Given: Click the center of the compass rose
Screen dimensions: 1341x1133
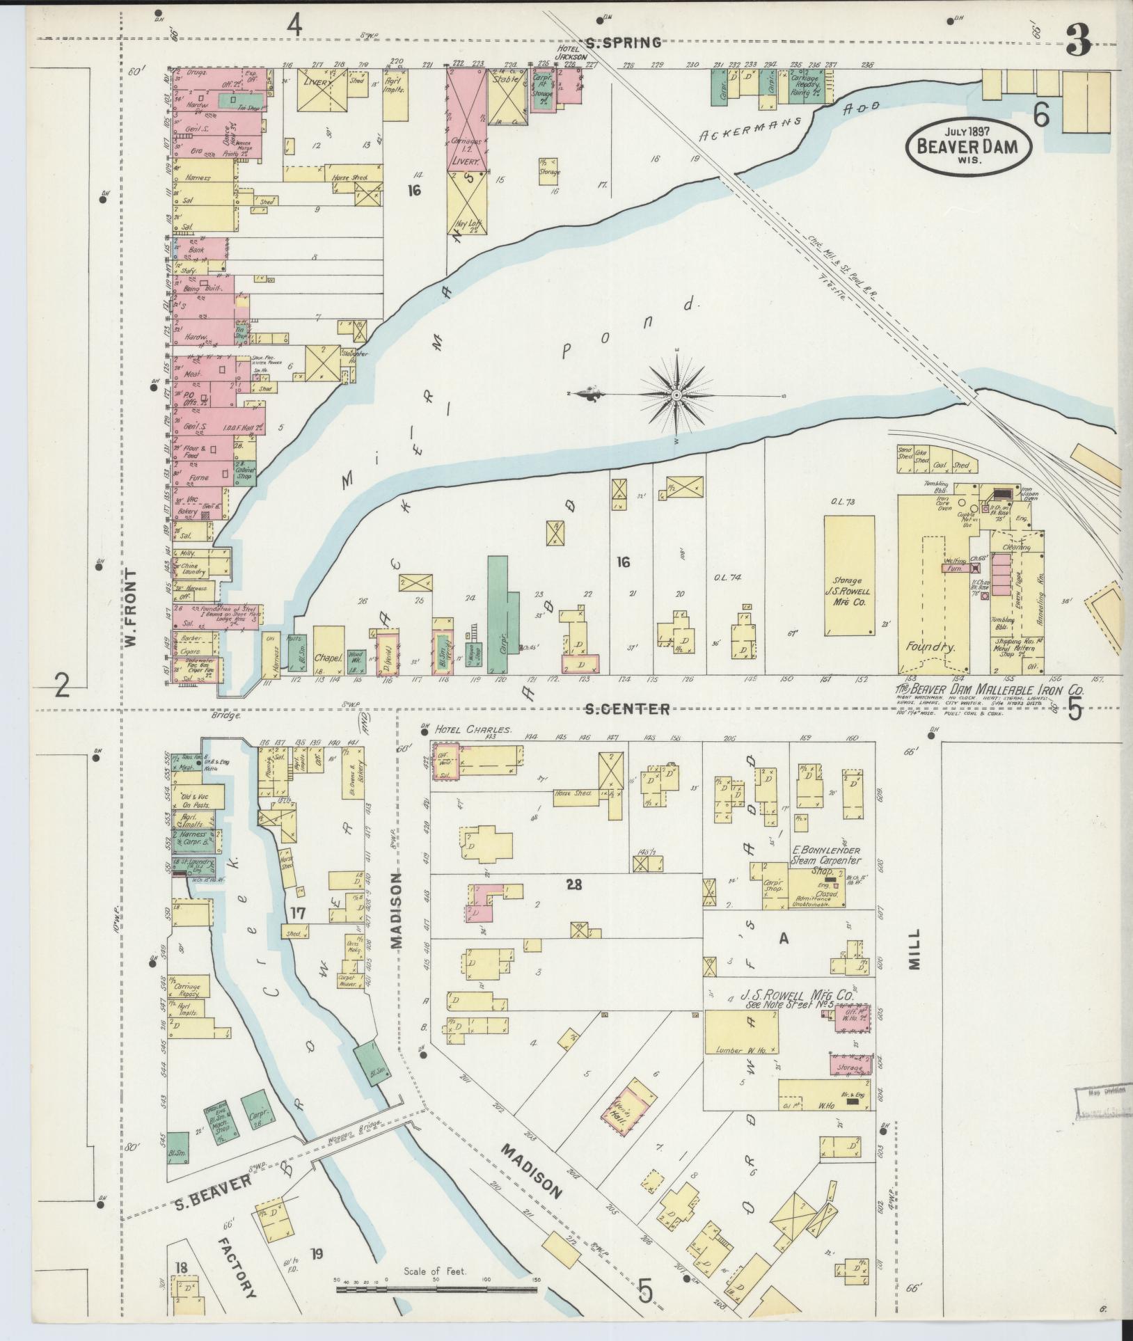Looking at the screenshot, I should click(x=676, y=395).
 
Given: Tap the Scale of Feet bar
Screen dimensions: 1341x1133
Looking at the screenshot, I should click(x=436, y=1289).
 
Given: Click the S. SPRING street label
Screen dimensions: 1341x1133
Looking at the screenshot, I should click(x=623, y=43).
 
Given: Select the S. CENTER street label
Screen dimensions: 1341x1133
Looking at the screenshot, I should click(x=627, y=709).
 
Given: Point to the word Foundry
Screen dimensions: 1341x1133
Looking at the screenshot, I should click(x=928, y=646).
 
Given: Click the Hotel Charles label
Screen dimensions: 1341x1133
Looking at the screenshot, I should click(x=473, y=731).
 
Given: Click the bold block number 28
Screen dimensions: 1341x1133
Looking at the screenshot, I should click(x=573, y=885).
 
